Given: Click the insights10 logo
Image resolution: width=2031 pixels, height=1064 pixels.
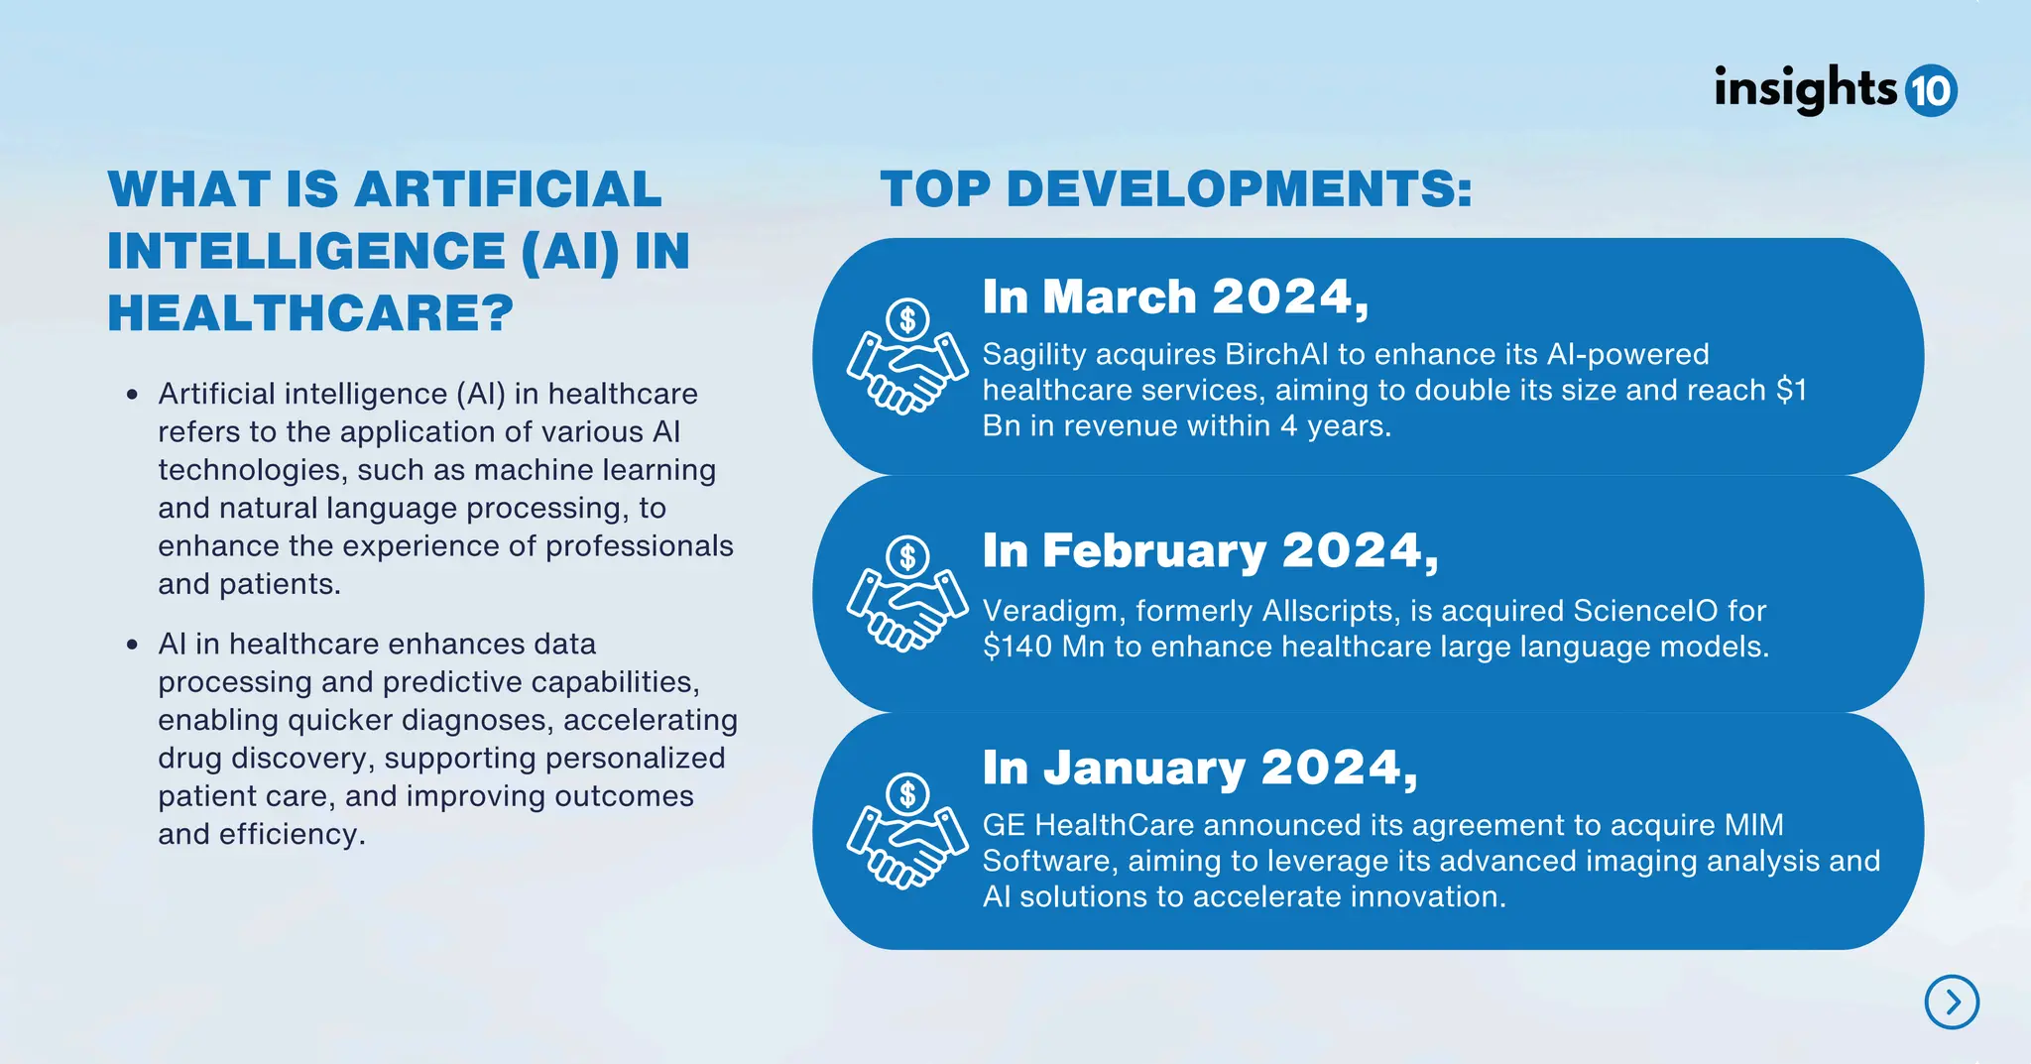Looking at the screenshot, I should (1835, 90).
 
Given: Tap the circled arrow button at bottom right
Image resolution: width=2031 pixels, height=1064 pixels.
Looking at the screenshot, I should (1952, 1002).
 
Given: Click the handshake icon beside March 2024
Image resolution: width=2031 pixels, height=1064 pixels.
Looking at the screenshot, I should (906, 357).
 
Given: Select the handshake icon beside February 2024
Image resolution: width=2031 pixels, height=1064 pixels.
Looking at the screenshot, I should (906, 593).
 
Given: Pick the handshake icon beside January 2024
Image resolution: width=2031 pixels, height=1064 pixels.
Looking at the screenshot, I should (906, 831).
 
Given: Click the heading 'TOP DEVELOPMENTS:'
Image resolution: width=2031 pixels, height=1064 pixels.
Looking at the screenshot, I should (1176, 188).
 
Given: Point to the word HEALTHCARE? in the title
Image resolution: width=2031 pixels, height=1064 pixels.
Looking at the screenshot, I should (310, 313).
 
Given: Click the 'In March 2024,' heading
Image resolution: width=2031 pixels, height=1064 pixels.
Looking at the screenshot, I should (1175, 296).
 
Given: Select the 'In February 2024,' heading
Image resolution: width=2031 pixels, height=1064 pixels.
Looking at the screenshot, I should (1210, 551).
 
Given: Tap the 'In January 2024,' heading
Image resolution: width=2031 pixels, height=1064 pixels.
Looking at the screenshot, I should (1200, 768).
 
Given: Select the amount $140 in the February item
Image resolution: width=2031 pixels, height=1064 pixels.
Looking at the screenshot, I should (1017, 647).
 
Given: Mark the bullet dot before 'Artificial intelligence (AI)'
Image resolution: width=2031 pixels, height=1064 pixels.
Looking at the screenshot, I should (132, 395).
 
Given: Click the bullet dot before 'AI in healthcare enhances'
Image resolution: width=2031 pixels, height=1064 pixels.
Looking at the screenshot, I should (132, 645).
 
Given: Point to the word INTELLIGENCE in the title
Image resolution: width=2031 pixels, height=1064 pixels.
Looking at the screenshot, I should (306, 251).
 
